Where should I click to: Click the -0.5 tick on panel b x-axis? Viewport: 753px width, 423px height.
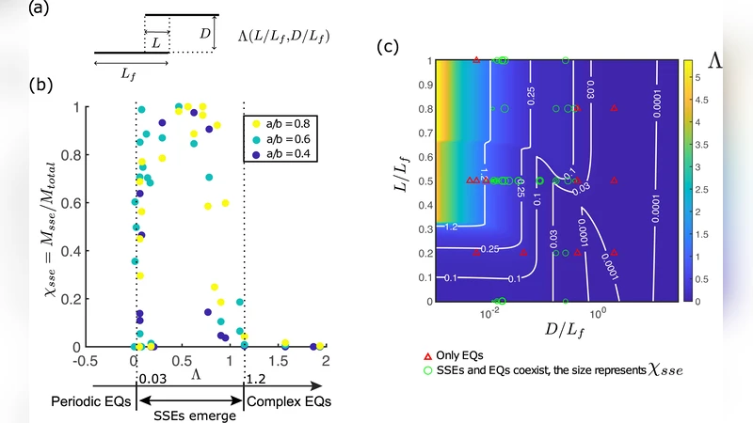(x=87, y=361)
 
